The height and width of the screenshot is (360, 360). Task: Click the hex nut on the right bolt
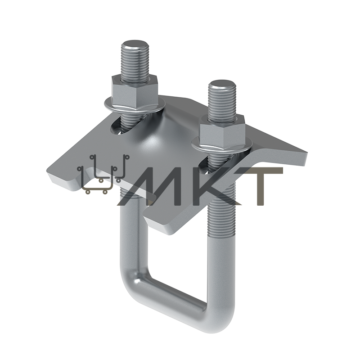(222, 131)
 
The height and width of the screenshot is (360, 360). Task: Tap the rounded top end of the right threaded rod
(222, 84)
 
